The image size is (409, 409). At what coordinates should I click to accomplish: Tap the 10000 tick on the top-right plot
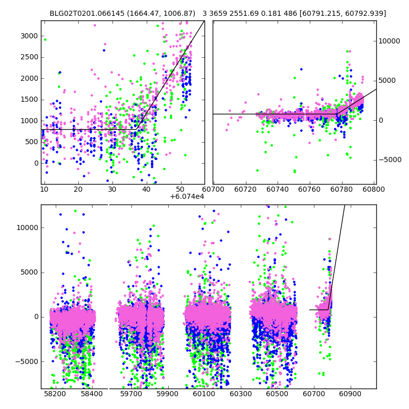click(x=390, y=41)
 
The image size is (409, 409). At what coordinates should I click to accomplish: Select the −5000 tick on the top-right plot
click(x=390, y=160)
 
